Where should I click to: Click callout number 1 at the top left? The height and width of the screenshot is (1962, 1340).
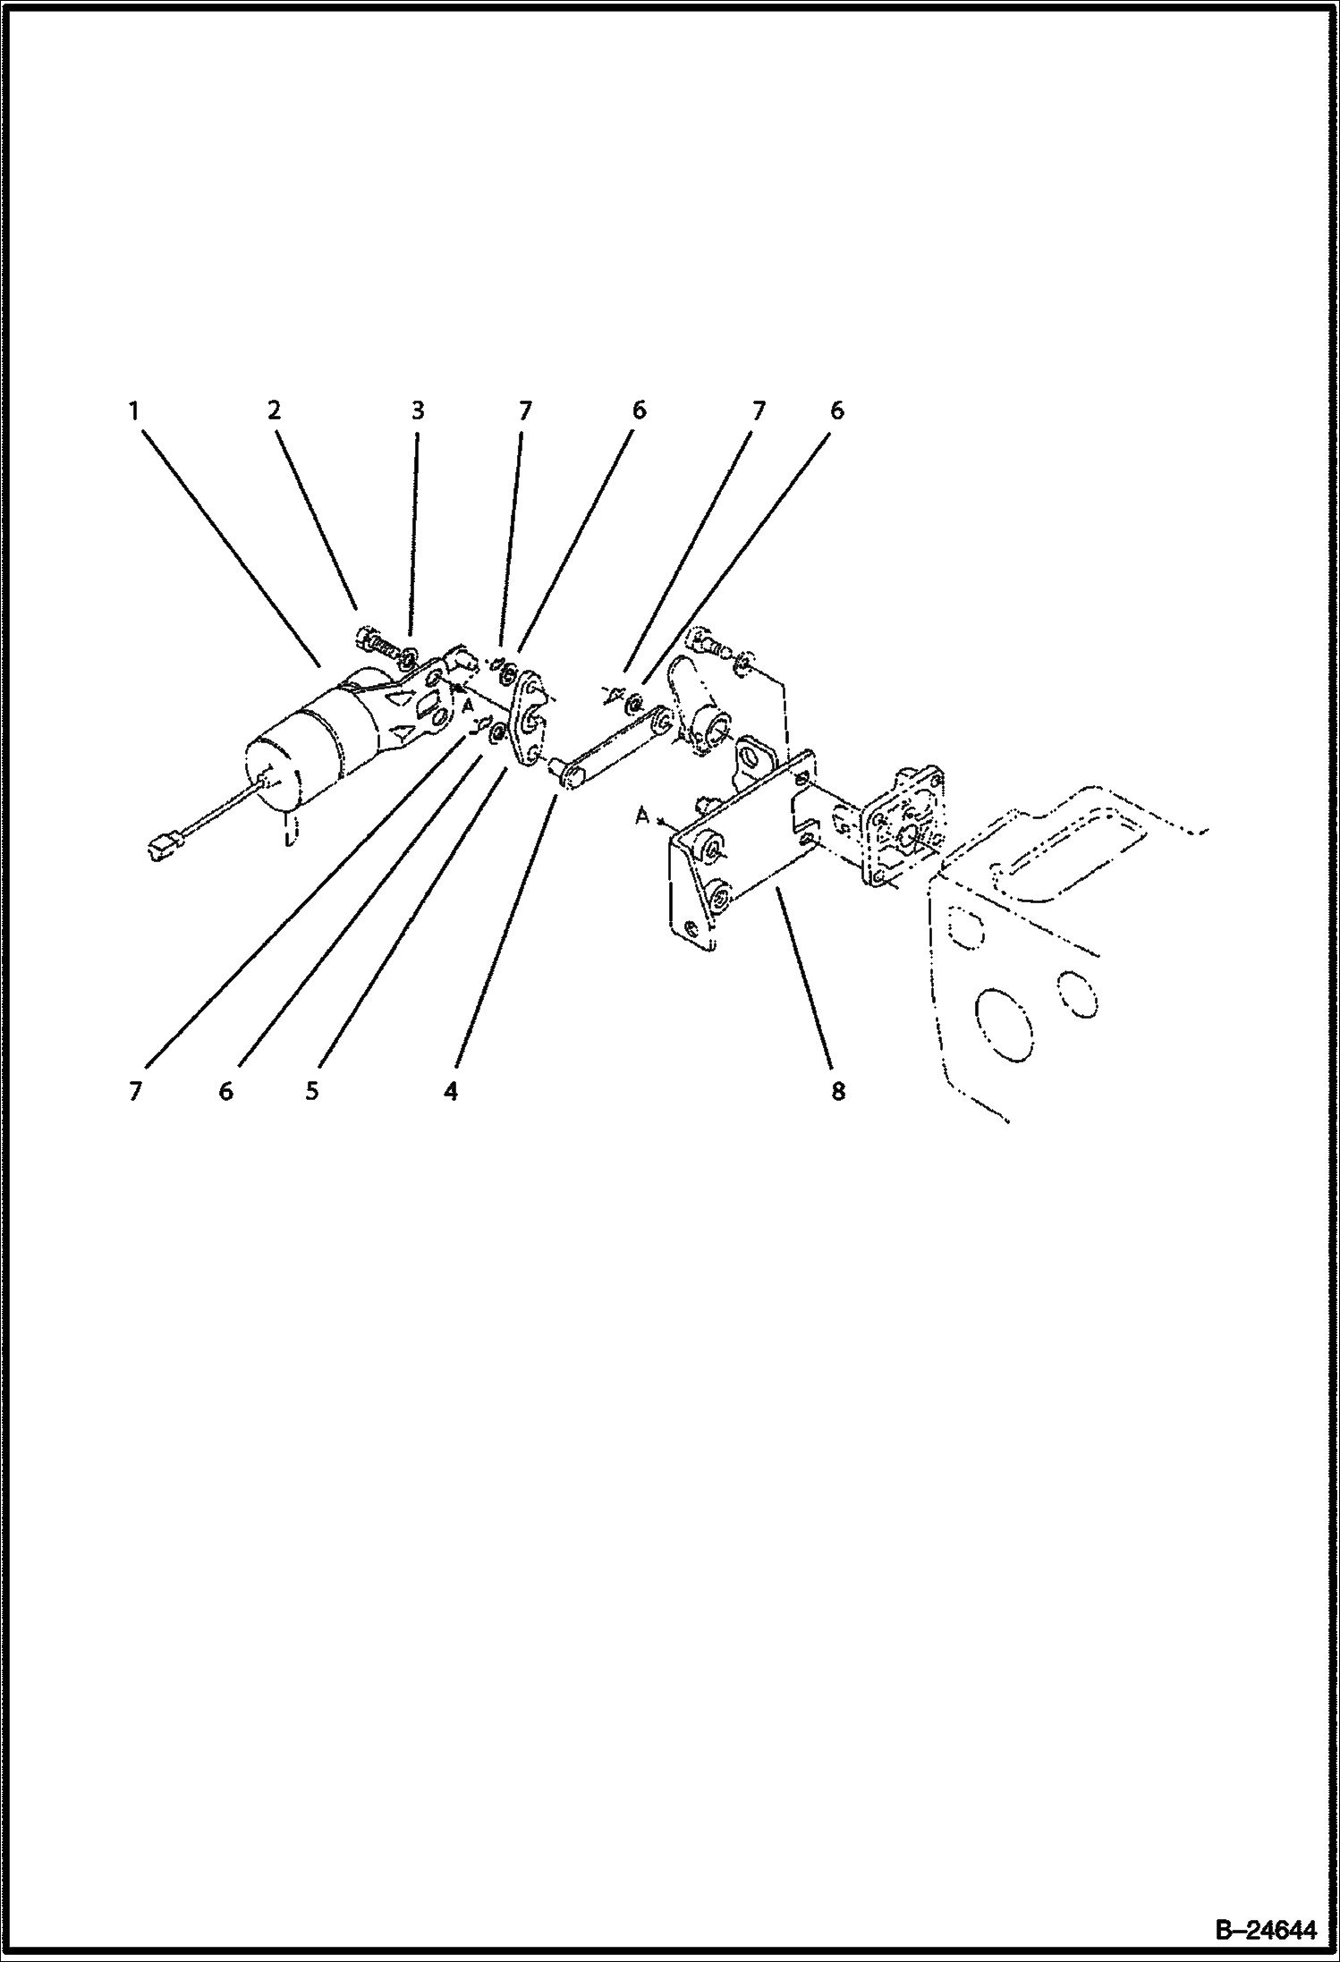[133, 410]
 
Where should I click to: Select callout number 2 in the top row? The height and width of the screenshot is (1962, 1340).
[273, 410]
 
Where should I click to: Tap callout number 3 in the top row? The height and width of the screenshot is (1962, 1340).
[417, 410]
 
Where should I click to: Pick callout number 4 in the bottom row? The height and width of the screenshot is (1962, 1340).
[452, 1091]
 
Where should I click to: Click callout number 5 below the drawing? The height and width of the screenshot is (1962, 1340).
[312, 1091]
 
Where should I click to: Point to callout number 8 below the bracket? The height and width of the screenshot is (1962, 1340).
[838, 1091]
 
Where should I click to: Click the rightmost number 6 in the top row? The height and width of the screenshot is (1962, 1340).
[836, 410]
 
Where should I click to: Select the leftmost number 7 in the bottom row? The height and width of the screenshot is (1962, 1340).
[135, 1091]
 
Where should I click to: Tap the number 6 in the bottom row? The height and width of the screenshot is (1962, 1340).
[225, 1091]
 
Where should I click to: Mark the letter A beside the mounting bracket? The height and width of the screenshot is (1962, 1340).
[640, 815]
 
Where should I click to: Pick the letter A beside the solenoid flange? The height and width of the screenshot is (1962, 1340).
[467, 706]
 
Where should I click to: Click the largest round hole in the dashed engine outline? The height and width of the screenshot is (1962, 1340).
[1007, 1023]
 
